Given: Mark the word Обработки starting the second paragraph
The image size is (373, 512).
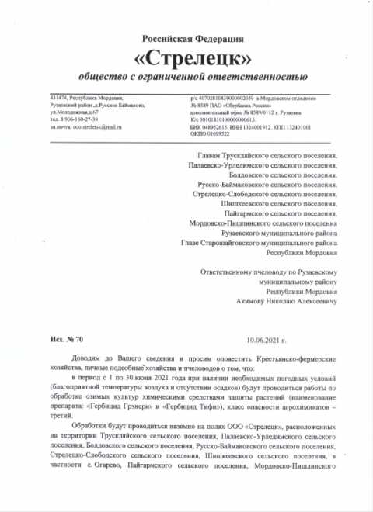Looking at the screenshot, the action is coord(86,428).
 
